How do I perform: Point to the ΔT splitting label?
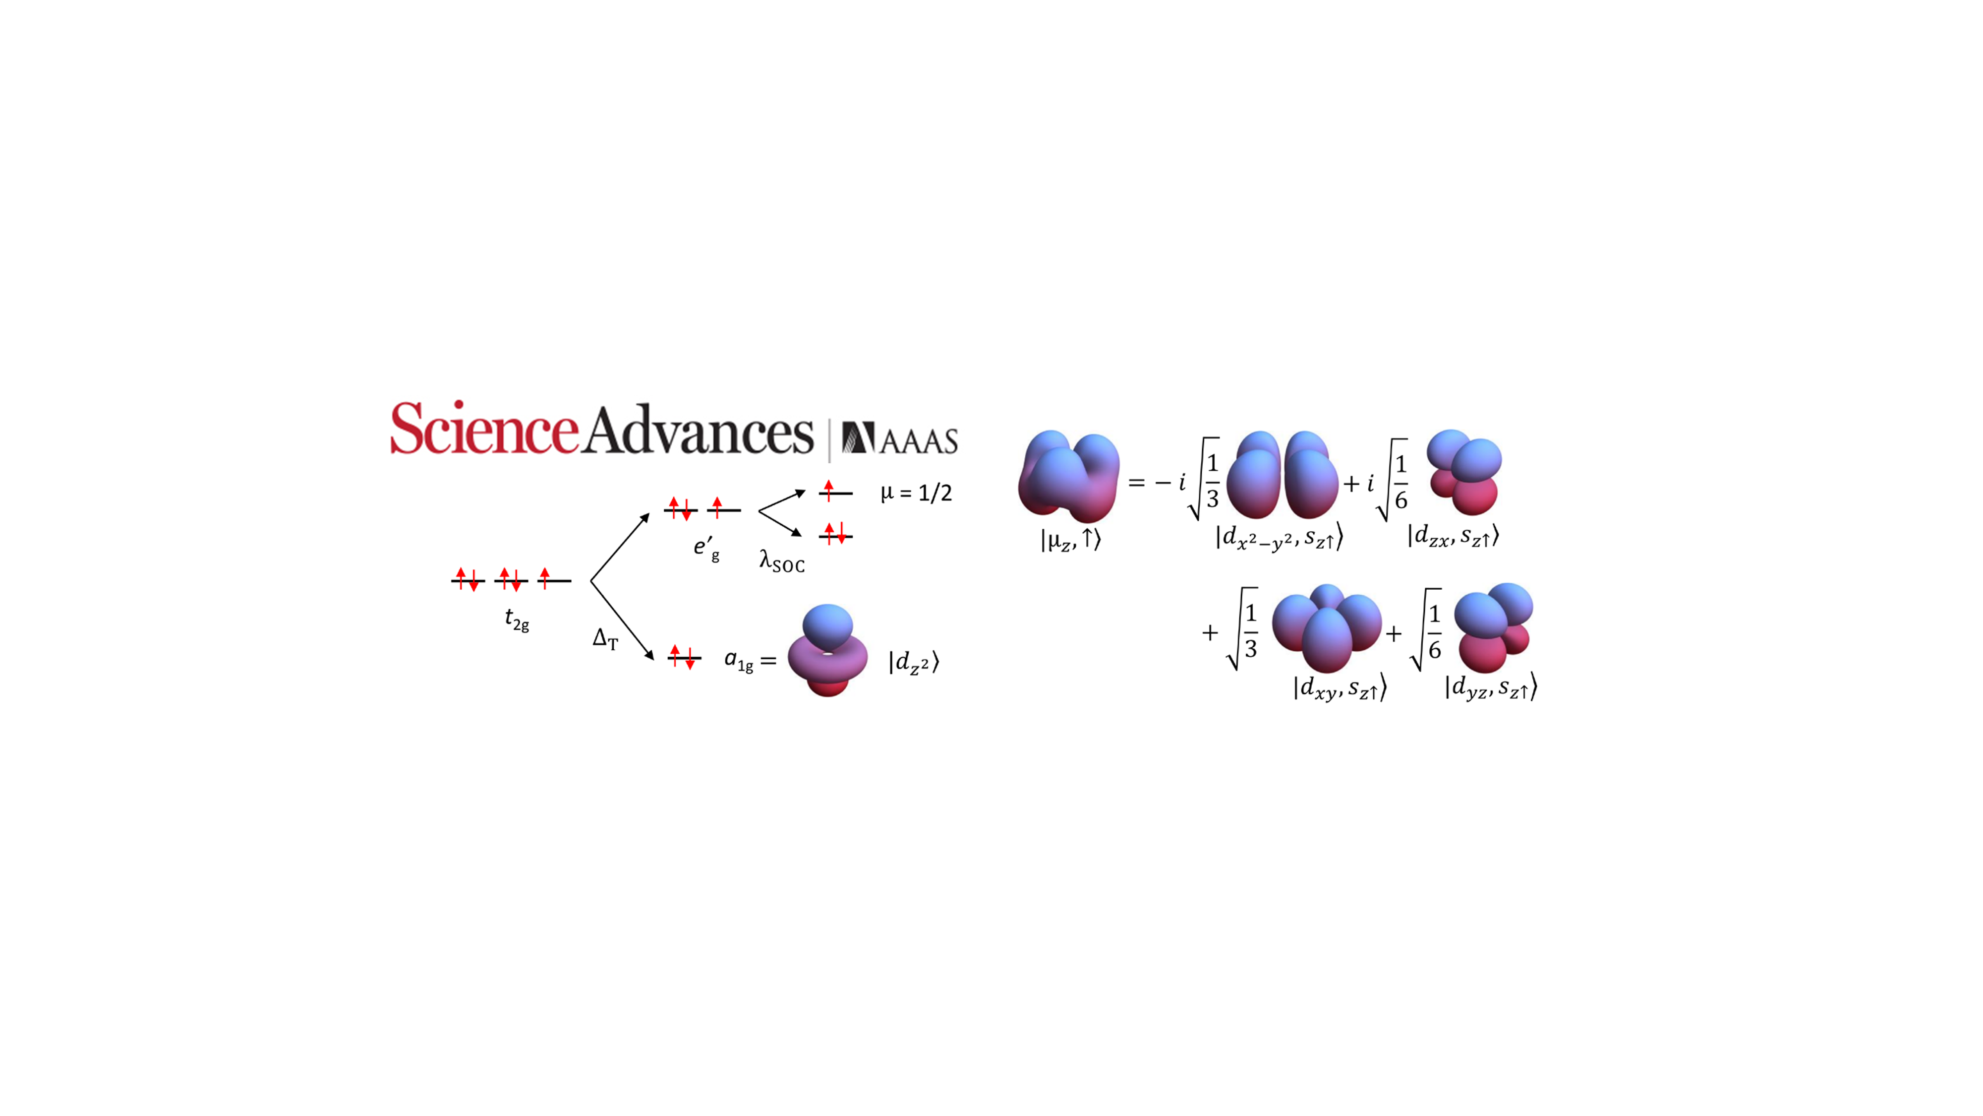[x=605, y=638]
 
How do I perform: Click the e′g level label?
[x=706, y=549]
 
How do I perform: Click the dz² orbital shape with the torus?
[x=827, y=651]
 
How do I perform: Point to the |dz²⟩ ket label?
[x=914, y=662]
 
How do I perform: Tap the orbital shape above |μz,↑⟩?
[x=1068, y=475]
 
